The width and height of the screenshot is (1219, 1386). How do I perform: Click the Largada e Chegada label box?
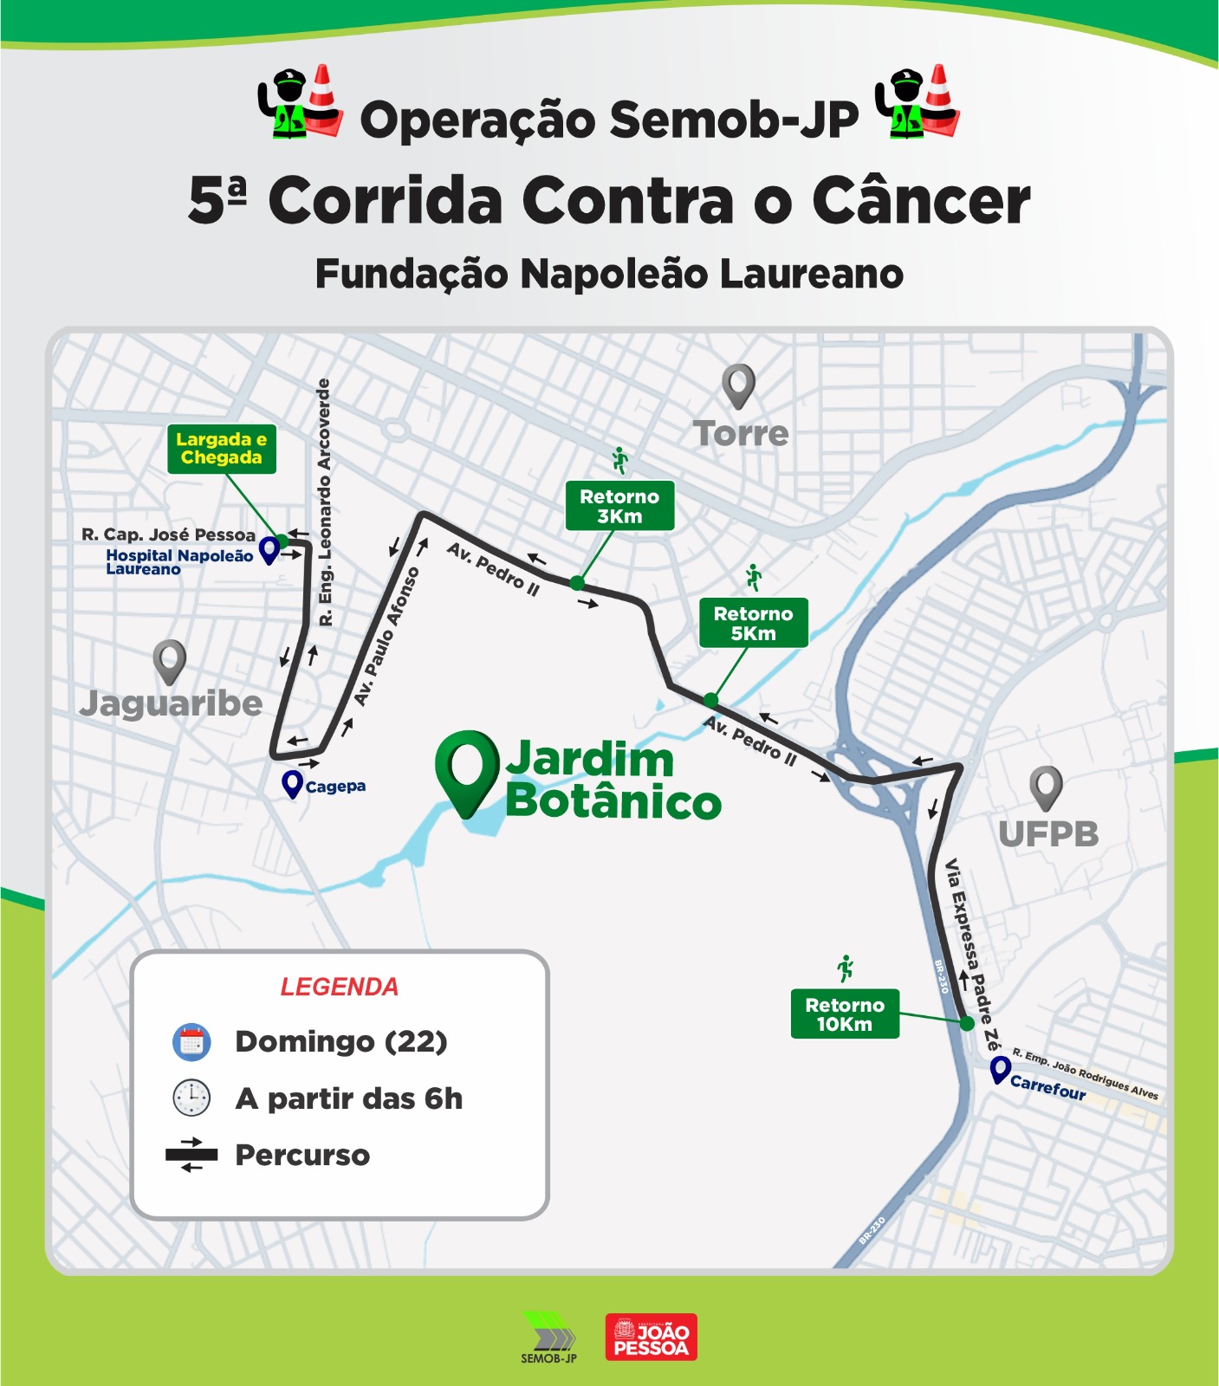[x=222, y=449]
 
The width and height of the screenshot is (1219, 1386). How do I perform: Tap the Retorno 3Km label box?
[x=619, y=506]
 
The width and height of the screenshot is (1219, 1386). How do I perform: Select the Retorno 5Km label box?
[x=753, y=623]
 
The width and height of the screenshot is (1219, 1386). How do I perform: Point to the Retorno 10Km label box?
[x=845, y=1014]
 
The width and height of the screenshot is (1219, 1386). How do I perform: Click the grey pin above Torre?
[x=738, y=385]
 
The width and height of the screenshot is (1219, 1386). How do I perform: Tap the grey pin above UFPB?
[x=1046, y=787]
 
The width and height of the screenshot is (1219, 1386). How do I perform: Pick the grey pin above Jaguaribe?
[x=170, y=660]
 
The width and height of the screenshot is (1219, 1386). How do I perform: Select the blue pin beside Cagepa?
[x=293, y=784]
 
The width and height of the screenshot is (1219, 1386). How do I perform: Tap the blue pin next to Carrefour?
[x=1001, y=1070]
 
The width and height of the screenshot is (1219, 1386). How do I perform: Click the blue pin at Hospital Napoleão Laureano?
[x=269, y=549]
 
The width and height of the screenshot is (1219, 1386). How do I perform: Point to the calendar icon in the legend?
[x=191, y=1041]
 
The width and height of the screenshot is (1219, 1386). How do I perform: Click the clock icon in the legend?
[x=191, y=1098]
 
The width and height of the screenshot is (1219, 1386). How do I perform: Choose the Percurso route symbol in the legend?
[x=191, y=1155]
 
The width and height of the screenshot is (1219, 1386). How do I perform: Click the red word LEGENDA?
[x=339, y=987]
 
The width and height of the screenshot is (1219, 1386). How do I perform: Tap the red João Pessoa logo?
[x=651, y=1337]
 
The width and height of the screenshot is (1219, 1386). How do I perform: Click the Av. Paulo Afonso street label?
[x=386, y=637]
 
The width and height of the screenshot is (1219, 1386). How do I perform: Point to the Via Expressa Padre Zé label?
[x=972, y=953]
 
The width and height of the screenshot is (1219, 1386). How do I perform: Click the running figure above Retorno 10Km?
[x=846, y=968]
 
